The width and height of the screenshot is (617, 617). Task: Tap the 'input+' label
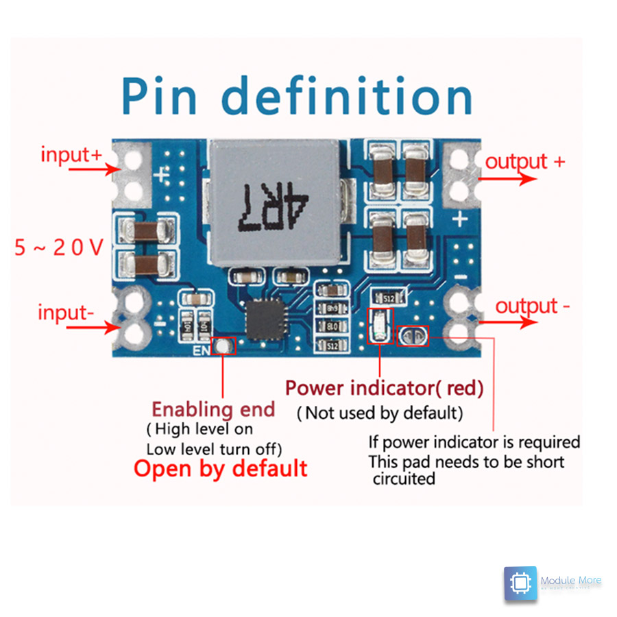(x=71, y=154)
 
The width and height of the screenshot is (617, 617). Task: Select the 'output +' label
(x=525, y=162)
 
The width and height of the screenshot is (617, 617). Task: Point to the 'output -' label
(x=532, y=306)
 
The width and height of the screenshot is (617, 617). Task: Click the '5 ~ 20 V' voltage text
(x=58, y=247)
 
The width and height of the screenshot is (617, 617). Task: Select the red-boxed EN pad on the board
(x=223, y=346)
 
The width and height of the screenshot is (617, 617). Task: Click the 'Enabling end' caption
(x=213, y=409)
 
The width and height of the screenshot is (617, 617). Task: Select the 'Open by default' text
(x=220, y=469)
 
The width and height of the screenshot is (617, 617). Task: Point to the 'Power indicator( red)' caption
(x=384, y=388)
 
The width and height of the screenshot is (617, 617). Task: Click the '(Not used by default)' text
(x=379, y=413)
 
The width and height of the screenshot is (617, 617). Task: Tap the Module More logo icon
(x=521, y=583)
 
